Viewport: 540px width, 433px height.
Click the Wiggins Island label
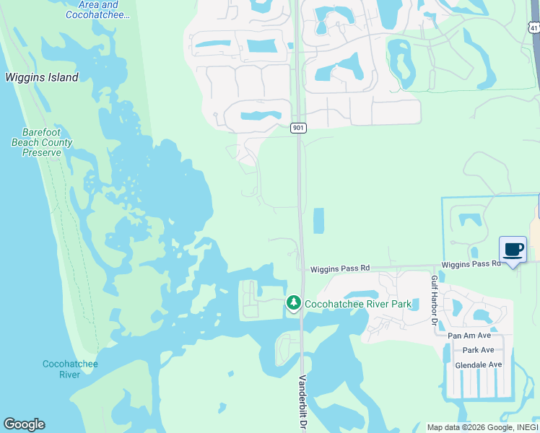click(42, 78)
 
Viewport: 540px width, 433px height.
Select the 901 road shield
click(299, 128)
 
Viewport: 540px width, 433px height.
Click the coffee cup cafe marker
click(513, 250)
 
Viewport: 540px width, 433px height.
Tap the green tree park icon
click(293, 303)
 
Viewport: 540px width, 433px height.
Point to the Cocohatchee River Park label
click(358, 304)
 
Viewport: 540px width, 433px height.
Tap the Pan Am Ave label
click(469, 336)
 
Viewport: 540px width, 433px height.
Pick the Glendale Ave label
click(478, 365)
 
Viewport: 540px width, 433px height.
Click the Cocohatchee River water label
click(70, 369)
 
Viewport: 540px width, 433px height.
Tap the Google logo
click(24, 424)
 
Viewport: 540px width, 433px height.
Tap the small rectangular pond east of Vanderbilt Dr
click(318, 220)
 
